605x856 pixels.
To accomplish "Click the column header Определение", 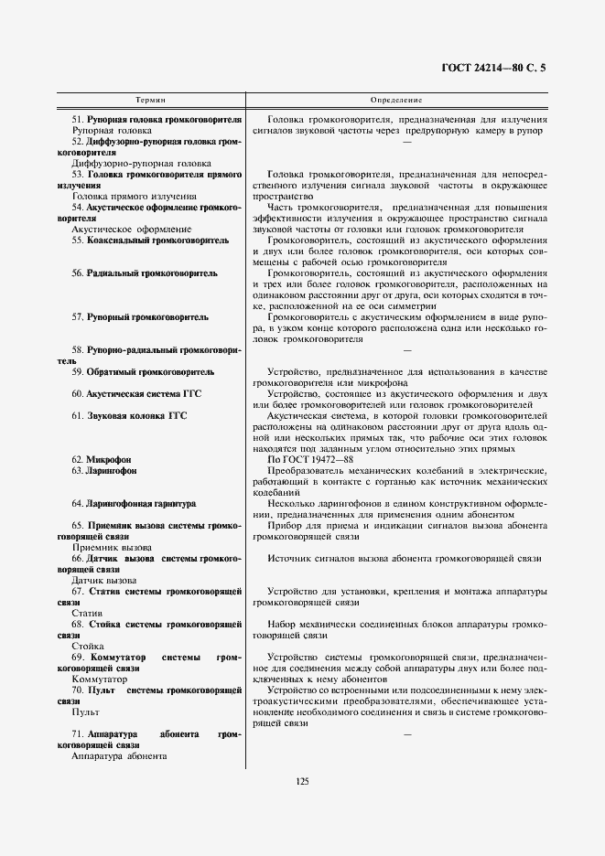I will (396, 98).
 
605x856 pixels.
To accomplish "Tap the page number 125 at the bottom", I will (303, 780).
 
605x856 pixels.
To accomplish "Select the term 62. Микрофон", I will (102, 458).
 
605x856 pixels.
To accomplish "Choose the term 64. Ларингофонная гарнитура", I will (134, 504).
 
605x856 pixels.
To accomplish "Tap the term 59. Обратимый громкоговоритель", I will (143, 372).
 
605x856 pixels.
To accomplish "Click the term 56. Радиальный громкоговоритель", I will (145, 273).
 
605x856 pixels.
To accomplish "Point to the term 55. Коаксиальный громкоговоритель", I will (150, 240).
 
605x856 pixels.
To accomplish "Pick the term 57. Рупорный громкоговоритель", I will (140, 317).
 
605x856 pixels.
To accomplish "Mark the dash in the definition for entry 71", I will (407, 734).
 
